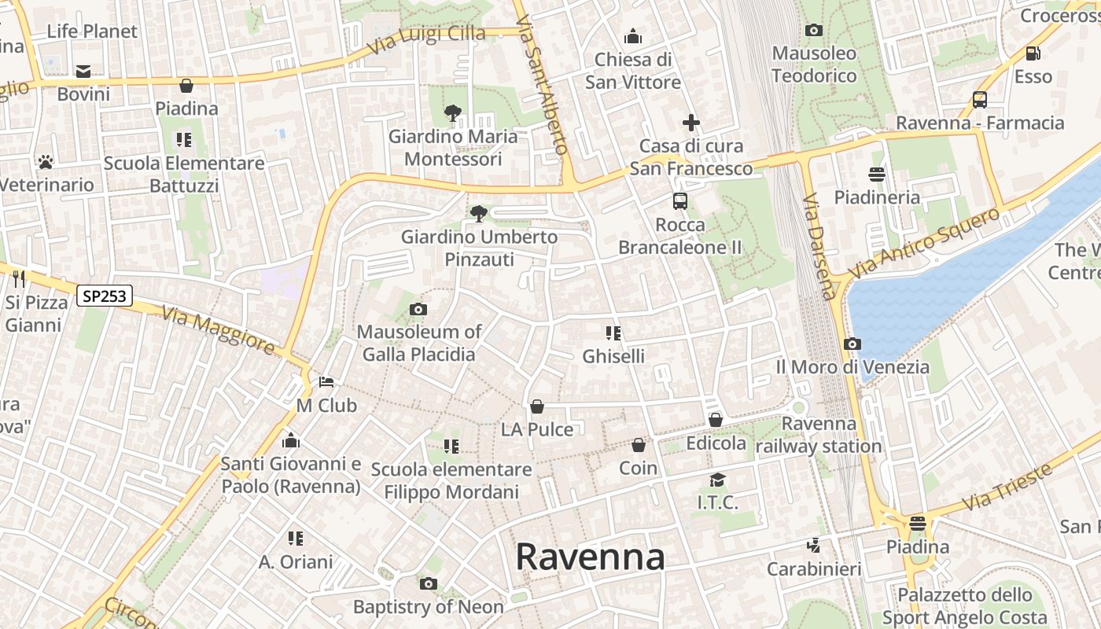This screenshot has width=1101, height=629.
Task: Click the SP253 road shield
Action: (105, 296)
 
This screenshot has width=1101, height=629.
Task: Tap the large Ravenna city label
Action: (590, 557)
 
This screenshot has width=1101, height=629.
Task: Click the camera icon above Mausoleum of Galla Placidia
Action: (418, 309)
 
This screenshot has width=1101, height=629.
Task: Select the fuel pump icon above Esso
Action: (1033, 53)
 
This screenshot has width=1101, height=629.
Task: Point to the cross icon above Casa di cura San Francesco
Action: (690, 123)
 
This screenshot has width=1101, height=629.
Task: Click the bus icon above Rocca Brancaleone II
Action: (680, 201)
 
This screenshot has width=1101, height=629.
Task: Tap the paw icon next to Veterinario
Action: (46, 162)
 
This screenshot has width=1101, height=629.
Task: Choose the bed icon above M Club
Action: (326, 382)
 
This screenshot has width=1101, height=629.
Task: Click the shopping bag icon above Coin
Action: (639, 445)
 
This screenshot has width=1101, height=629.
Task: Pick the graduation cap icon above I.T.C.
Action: (717, 480)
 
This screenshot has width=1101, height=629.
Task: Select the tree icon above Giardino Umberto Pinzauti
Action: (478, 213)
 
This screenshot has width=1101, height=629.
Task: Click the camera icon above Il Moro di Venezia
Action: (852, 344)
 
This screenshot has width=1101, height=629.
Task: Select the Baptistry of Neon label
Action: (428, 607)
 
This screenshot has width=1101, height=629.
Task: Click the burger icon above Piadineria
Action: (877, 174)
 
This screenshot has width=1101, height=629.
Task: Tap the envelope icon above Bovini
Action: (83, 72)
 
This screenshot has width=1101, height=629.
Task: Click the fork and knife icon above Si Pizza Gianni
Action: (20, 279)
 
